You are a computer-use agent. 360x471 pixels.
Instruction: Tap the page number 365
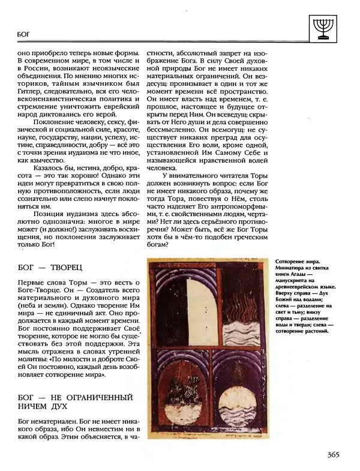(338, 454)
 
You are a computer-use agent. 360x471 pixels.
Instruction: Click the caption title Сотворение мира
(298, 263)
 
